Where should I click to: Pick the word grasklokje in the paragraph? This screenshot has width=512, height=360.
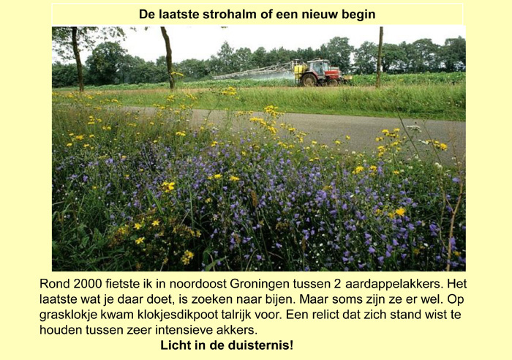click(69, 315)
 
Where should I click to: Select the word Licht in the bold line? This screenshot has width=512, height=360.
click(175, 345)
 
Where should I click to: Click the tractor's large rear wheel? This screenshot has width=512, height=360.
click(309, 80)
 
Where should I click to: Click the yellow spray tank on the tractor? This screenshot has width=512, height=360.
click(299, 73)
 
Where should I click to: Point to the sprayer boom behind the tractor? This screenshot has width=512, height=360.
click(254, 72)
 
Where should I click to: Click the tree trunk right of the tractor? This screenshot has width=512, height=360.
click(380, 57)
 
